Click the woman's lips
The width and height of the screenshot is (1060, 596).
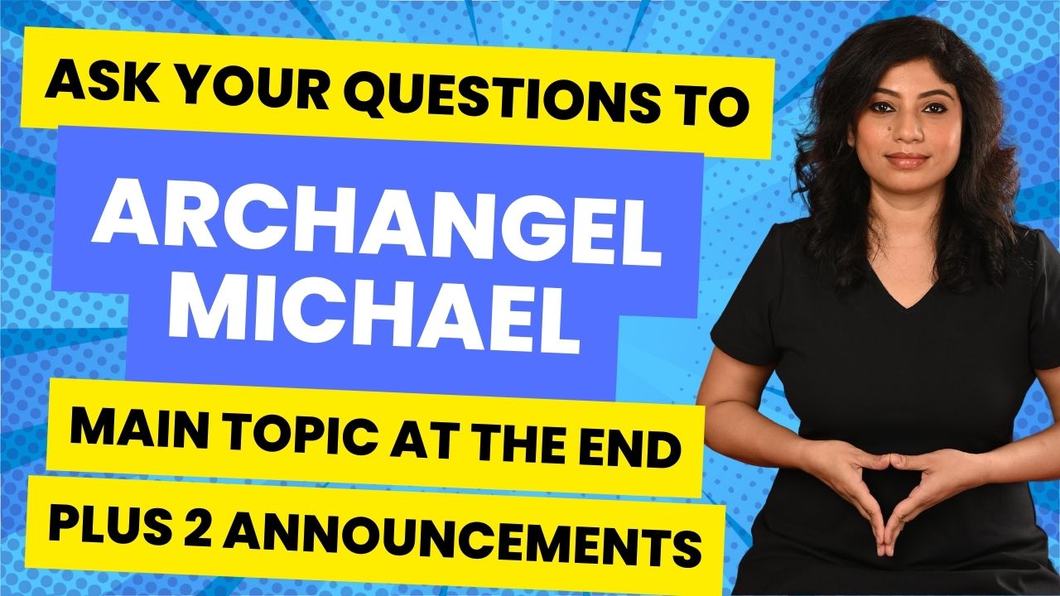907,160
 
